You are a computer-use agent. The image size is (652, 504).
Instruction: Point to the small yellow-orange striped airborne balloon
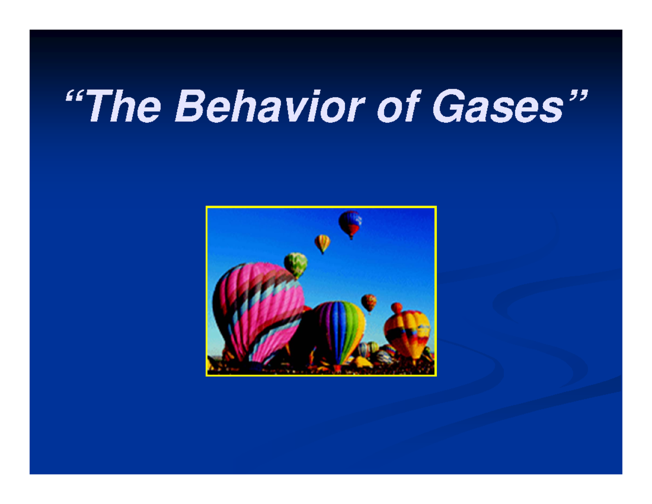coord(322,242)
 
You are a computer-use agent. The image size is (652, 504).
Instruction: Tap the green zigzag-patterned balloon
coord(296,264)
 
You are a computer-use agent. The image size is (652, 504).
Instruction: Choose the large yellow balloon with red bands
coord(407,332)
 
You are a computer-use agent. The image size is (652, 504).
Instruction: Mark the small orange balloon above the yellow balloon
coord(397,308)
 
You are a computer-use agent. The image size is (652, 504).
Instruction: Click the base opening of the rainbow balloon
coord(338,368)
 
